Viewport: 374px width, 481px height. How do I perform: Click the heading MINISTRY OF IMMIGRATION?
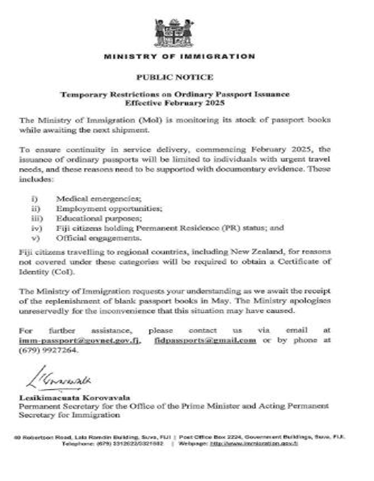pyautogui.click(x=179, y=56)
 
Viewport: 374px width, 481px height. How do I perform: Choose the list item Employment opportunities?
pyautogui.click(x=98, y=210)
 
